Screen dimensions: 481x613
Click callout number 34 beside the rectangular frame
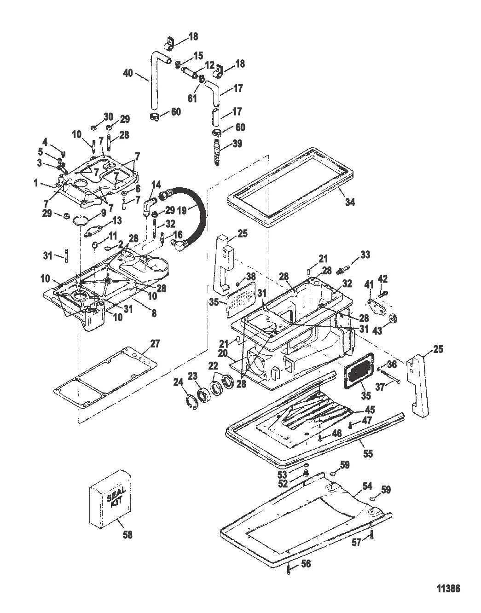[350, 202]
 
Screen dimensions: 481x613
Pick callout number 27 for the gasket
[155, 344]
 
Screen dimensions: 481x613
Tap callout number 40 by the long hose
[128, 73]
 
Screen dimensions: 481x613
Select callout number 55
[368, 454]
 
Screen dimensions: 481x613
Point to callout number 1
[36, 183]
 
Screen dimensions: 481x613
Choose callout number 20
[223, 353]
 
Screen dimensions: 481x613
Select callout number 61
[192, 98]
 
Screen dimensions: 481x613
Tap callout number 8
[154, 313]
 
